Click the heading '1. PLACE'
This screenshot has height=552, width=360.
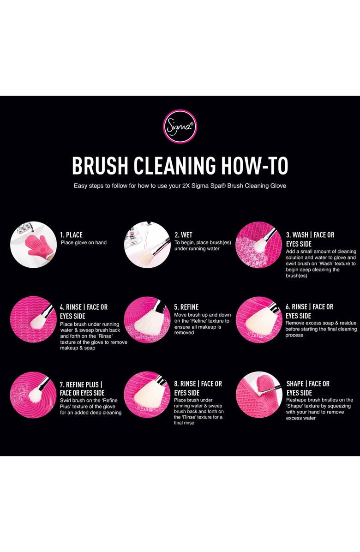pos(71,235)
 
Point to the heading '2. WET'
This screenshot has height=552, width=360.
pos(184,235)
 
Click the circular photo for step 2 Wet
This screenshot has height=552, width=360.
pos(147,245)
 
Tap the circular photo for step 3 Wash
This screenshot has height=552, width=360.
pos(258,245)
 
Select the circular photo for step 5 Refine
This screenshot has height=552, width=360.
pos(147,319)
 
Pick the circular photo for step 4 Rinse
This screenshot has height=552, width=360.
pos(33,319)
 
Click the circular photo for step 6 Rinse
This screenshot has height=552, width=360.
pos(258,319)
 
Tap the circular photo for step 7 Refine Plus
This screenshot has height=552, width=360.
pos(33,395)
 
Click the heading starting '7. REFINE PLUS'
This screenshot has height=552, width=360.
pos(81,384)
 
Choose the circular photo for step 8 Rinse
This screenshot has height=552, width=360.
pos(147,395)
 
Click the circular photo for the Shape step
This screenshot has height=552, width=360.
pos(258,395)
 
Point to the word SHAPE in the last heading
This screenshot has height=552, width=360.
pos(295,384)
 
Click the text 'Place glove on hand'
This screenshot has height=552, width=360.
pos(84,243)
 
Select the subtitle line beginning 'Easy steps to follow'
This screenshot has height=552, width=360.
pos(180,186)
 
